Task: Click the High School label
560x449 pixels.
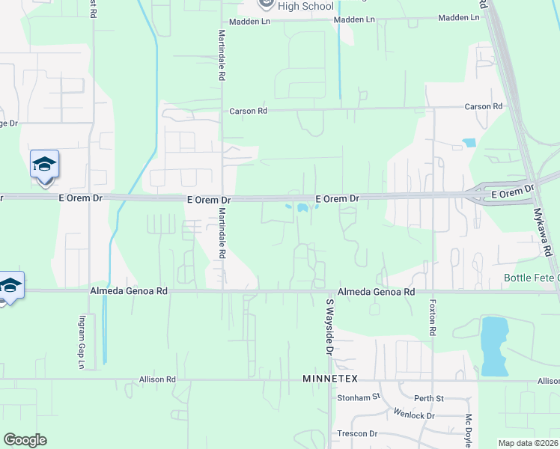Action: (305, 7)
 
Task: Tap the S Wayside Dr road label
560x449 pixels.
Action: (328, 326)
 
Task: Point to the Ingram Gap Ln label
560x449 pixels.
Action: (82, 342)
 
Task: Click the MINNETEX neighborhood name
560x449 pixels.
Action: (332, 379)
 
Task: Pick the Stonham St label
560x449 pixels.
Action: (359, 397)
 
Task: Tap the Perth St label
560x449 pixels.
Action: (430, 397)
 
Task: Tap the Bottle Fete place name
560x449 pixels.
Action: (531, 278)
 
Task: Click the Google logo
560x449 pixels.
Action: (25, 439)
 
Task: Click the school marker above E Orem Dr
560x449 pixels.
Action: (44, 164)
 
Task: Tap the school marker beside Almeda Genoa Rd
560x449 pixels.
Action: (10, 285)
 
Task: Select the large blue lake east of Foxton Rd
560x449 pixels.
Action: (494, 345)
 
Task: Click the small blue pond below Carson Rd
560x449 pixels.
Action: (469, 142)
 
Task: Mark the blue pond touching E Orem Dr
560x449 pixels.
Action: (302, 208)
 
